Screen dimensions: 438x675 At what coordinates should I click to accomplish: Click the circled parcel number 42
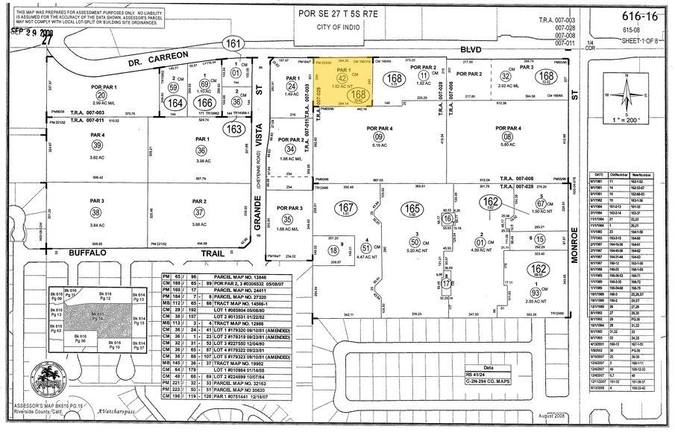pos(342,77)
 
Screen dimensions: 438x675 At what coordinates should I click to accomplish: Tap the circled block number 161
pos(234,45)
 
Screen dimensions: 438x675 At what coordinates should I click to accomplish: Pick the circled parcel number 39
pos(96,145)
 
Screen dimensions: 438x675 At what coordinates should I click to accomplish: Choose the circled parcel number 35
pos(287,219)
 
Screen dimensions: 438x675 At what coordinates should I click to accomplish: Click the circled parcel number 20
pos(101,96)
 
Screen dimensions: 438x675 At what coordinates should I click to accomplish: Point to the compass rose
pos(630,95)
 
